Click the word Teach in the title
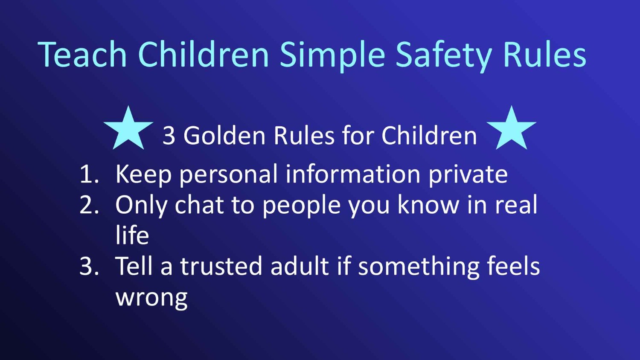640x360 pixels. pyautogui.click(x=82, y=54)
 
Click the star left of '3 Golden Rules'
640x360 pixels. pyautogui.click(x=128, y=129)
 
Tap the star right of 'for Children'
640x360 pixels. pyautogui.click(x=512, y=129)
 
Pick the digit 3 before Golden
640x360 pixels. pyautogui.click(x=169, y=136)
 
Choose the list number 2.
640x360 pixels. pyautogui.click(x=89, y=205)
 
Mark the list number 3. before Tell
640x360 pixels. pyautogui.click(x=89, y=266)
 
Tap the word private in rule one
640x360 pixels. pyautogui.click(x=468, y=175)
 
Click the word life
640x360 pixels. pyautogui.click(x=132, y=235)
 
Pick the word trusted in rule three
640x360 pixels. pyautogui.click(x=221, y=265)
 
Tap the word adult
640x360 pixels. pyautogui.click(x=300, y=265)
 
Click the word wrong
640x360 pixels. pyautogui.click(x=151, y=299)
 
